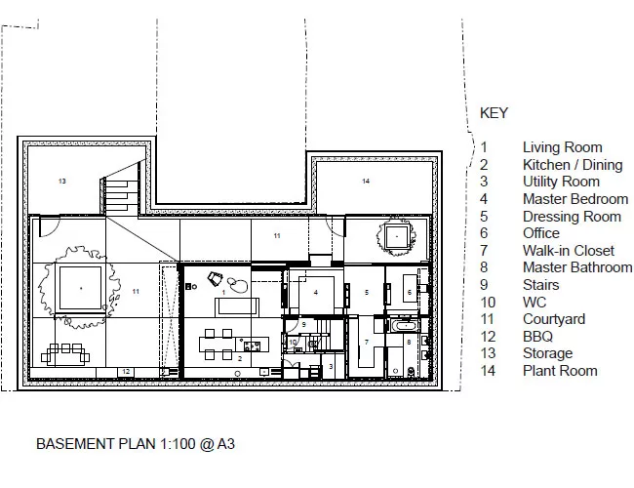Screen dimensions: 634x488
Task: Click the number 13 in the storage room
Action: tap(61, 181)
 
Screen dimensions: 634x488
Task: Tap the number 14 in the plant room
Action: tap(366, 181)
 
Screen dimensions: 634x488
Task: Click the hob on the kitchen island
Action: tap(252, 346)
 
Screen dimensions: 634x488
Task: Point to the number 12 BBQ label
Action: tap(126, 371)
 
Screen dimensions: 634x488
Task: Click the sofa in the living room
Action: tap(237, 306)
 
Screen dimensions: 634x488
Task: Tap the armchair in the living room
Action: tap(216, 278)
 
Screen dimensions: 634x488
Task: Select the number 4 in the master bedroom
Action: tap(316, 292)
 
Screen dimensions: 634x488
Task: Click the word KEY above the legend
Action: tap(494, 113)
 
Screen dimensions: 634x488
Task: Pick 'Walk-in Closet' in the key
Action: tap(568, 251)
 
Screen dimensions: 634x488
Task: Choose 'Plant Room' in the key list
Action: tap(560, 371)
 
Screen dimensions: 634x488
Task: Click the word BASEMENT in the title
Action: tap(76, 444)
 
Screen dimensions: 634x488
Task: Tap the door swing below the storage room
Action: tap(50, 226)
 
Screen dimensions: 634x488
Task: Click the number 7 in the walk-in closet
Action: tap(367, 342)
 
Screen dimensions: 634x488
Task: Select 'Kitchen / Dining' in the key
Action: tap(573, 165)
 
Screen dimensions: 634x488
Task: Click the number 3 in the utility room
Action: tap(331, 367)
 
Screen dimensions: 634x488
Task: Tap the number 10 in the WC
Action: tap(293, 343)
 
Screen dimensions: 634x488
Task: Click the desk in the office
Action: tap(410, 288)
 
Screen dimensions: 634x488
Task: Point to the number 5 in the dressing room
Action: tap(367, 292)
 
